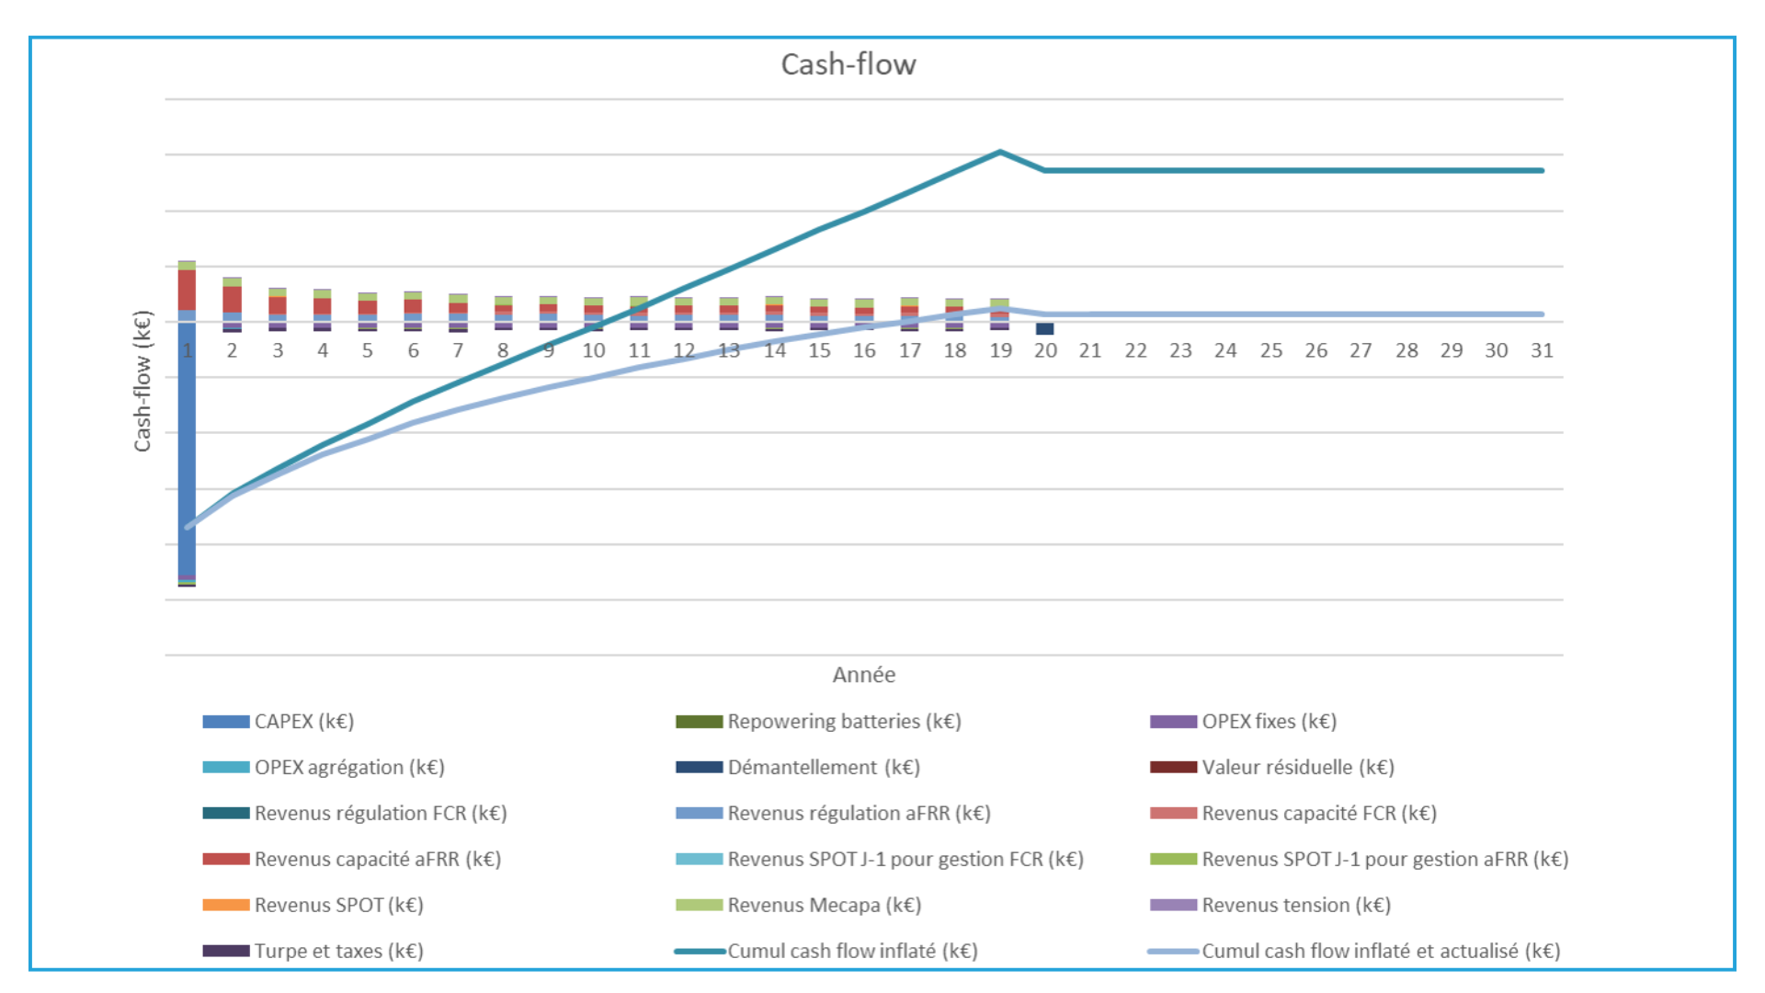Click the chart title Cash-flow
point(848,64)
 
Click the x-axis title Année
point(863,675)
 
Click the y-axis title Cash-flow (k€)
point(142,382)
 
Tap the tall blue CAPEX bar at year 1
point(187,451)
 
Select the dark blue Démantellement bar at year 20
point(1045,328)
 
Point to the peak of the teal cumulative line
point(1000,152)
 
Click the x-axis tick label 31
point(1542,350)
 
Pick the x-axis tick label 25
point(1270,350)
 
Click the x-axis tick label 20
point(1045,350)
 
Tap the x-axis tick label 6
point(413,350)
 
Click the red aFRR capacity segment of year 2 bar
point(232,299)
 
